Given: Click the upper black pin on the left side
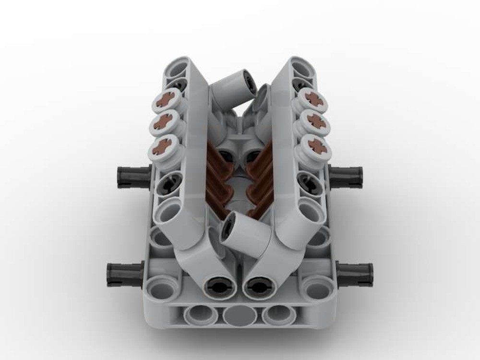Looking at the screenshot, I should pos(132,177).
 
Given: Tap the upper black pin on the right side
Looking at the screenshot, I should pos(347,176).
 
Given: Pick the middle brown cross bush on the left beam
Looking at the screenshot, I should pos(165,123).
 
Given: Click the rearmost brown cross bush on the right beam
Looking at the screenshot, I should pos(314,99).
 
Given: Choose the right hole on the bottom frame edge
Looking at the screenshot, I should pos(279,315).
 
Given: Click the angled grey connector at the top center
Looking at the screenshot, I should pos(229,89).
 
